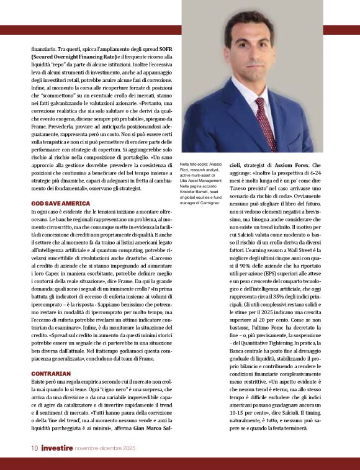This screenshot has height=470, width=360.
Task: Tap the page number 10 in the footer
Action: (x=35, y=448)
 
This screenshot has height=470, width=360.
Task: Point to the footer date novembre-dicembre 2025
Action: (x=109, y=448)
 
